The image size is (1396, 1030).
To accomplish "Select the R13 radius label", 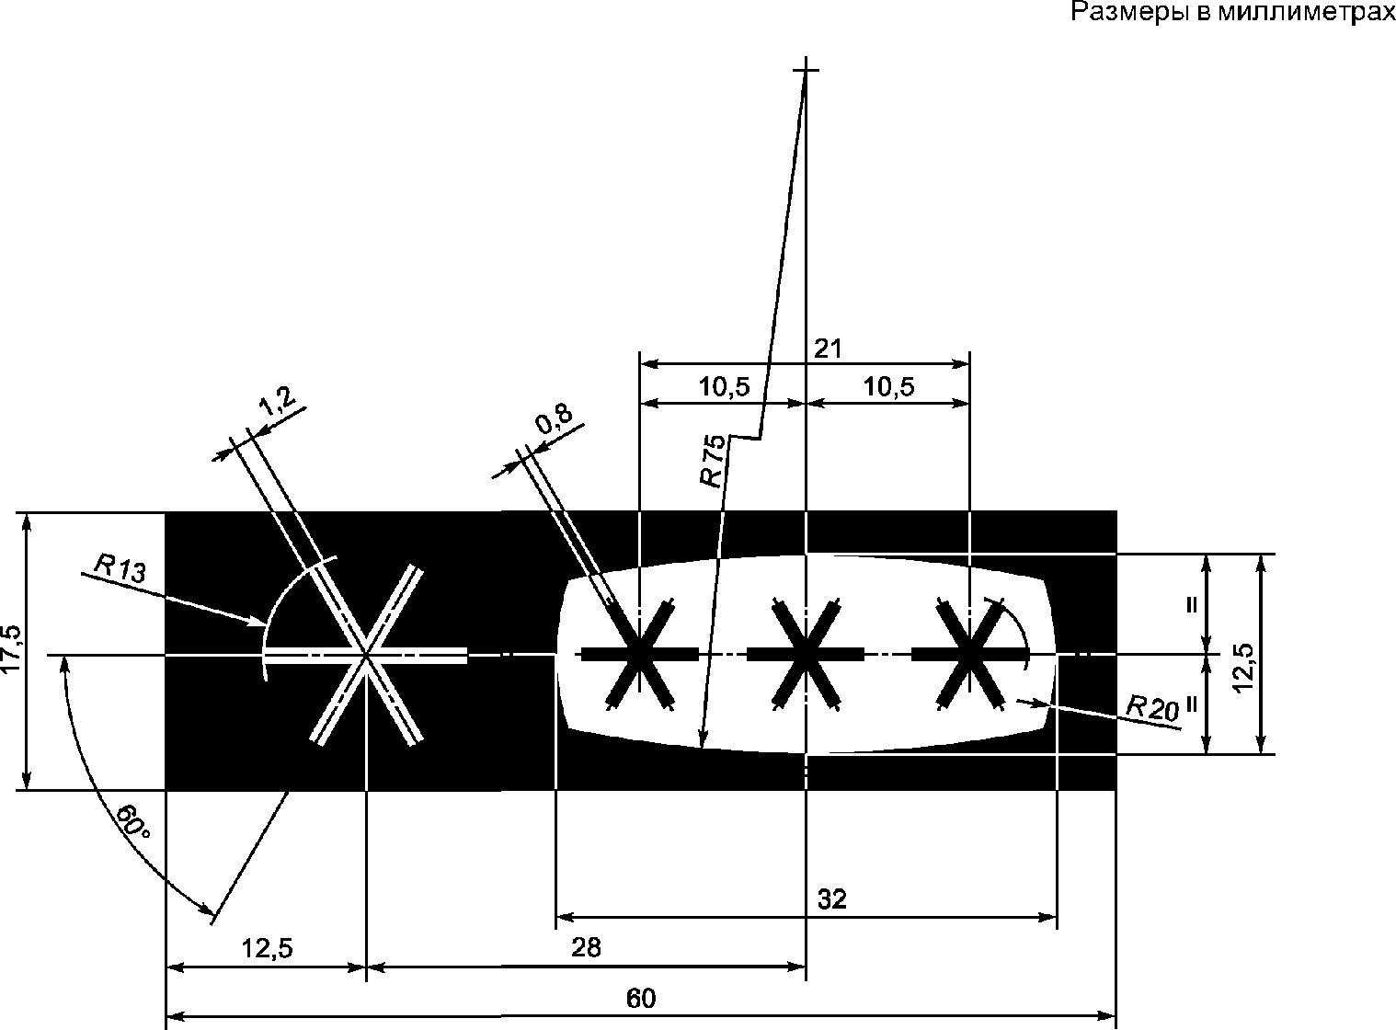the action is point(120,568).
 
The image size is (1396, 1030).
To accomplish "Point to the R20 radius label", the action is point(1151,708).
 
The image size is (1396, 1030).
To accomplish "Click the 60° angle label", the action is point(133,821).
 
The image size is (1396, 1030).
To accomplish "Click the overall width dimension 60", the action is point(641,998).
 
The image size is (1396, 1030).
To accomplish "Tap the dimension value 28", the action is point(586,947).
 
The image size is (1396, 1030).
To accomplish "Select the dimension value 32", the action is point(832,899).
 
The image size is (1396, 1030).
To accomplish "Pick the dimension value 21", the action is point(828,349).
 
